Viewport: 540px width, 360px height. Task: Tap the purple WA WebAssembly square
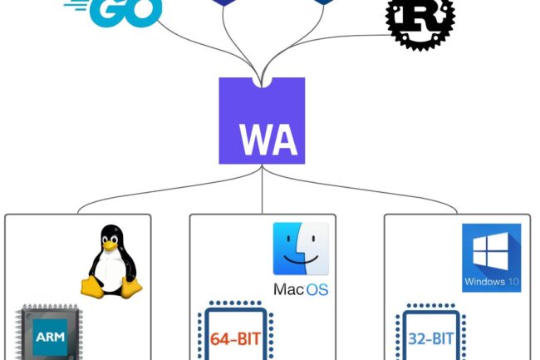point(262,121)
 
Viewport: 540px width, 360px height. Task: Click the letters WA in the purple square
point(262,141)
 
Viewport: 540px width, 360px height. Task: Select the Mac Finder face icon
point(301,248)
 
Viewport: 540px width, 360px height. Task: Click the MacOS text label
point(301,289)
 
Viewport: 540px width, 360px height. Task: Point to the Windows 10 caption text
point(491,282)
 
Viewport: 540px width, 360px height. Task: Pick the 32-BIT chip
point(431,336)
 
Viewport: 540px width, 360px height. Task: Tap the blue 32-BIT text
point(431,340)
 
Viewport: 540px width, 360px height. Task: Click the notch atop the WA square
point(262,81)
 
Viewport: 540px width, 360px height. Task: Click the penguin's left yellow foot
point(91,288)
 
